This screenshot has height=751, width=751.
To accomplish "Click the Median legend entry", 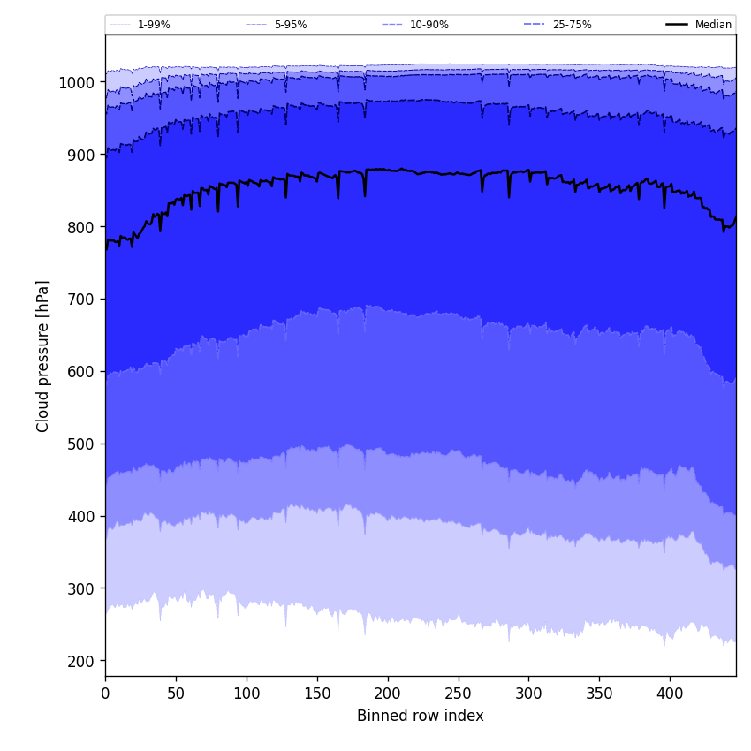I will click(x=713, y=25).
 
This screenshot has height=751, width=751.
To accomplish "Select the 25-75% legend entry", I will click(x=572, y=25).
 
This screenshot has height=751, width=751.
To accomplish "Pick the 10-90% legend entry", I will click(x=429, y=25).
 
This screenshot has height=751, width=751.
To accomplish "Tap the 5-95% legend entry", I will click(x=290, y=25).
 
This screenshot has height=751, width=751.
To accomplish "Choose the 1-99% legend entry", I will click(x=154, y=25).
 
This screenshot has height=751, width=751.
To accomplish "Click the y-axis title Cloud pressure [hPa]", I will click(x=43, y=356).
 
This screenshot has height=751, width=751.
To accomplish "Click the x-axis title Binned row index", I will click(x=421, y=716).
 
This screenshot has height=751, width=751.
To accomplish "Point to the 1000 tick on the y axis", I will click(x=77, y=82).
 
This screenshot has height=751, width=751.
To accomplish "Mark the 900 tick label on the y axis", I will click(x=81, y=155).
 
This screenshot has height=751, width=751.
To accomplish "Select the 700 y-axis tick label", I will click(x=81, y=300).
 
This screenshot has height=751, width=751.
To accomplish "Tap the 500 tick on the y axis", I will click(x=81, y=444).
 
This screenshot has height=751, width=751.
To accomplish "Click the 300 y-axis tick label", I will click(x=81, y=588).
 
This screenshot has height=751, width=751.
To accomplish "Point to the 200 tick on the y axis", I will click(x=81, y=661).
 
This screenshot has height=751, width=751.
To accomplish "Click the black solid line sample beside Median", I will click(x=677, y=25).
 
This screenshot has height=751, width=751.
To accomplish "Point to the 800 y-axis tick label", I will click(x=81, y=227).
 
